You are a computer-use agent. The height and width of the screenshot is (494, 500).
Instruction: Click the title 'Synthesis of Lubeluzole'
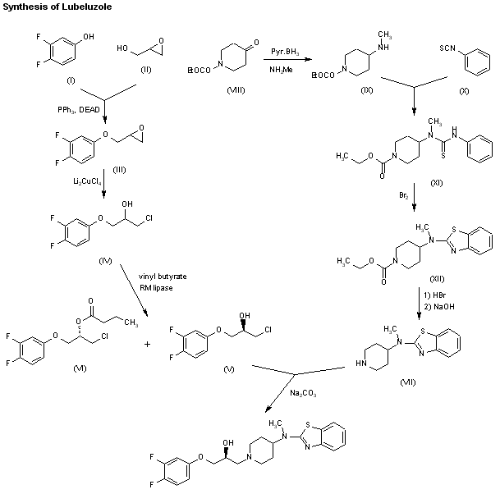(56, 7)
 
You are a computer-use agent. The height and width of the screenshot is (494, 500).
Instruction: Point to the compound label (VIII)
(236, 89)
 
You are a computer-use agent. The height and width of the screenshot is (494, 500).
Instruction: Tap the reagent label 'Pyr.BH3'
(285, 52)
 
